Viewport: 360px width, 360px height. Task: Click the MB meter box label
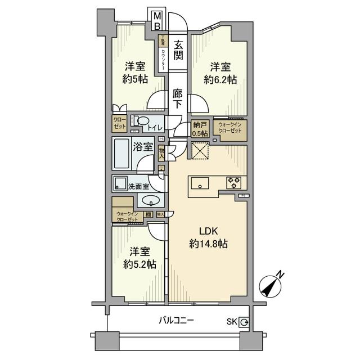pyautogui.click(x=158, y=20)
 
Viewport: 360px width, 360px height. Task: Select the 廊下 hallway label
pyautogui.click(x=178, y=100)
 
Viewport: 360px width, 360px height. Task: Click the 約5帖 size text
pyautogui.click(x=135, y=79)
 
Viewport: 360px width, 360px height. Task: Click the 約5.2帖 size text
pyautogui.click(x=139, y=264)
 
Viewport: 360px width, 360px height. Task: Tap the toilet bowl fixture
pyautogui.click(x=142, y=121)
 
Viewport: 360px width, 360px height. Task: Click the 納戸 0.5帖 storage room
pyautogui.click(x=200, y=129)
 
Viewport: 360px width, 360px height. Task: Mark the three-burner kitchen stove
pyautogui.click(x=233, y=182)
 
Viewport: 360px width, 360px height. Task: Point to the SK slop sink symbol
pyautogui.click(x=245, y=322)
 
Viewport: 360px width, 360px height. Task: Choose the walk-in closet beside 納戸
pyautogui.click(x=229, y=128)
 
